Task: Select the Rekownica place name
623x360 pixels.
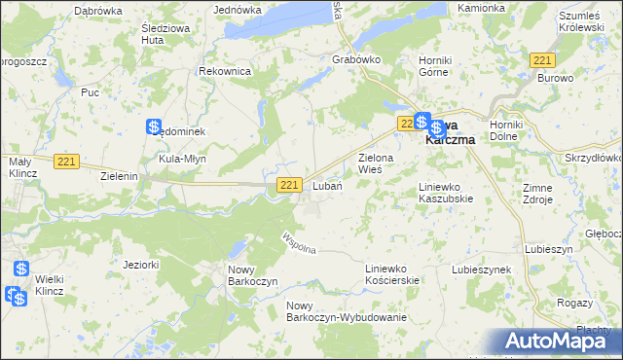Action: tap(225, 72)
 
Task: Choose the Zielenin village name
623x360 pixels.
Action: tap(121, 177)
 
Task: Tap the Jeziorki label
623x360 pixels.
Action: tap(141, 263)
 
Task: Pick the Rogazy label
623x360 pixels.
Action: tap(573, 303)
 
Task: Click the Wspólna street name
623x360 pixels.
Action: tap(299, 244)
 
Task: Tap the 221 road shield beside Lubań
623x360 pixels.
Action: tap(288, 185)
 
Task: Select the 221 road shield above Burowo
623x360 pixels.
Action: tap(543, 59)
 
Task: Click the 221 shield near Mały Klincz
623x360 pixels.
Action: tap(66, 162)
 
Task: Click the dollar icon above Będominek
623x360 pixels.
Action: tap(154, 126)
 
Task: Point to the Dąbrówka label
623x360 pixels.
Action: tap(97, 9)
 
